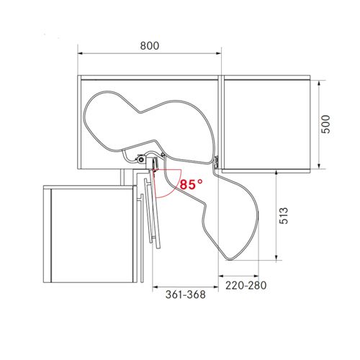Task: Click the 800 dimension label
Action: (x=150, y=45)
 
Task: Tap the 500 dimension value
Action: (x=326, y=124)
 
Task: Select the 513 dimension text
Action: (x=284, y=215)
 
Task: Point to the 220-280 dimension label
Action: (x=246, y=285)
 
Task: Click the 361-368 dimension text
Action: (x=186, y=294)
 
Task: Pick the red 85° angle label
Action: (x=192, y=184)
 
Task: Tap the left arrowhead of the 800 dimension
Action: (x=80, y=53)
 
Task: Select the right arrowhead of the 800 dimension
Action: (x=218, y=53)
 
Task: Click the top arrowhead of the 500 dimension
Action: (x=319, y=84)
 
